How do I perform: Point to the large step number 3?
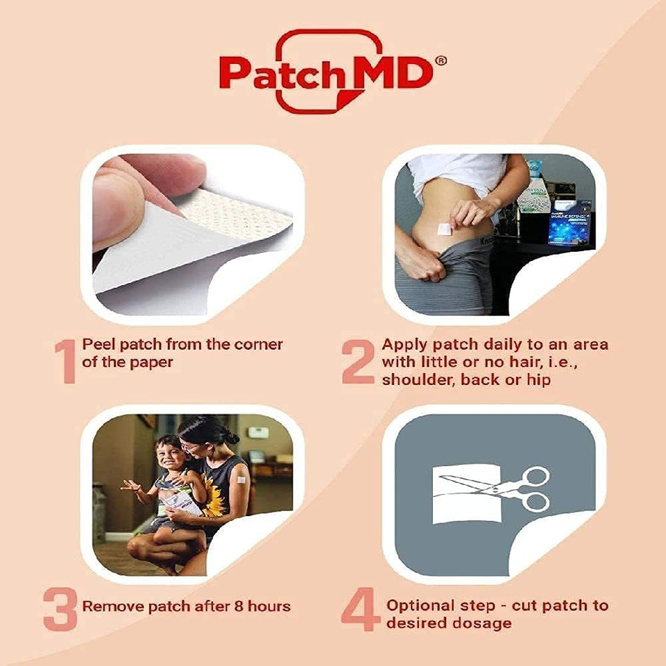pos(60,608)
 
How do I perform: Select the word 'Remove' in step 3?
pos(108,606)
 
